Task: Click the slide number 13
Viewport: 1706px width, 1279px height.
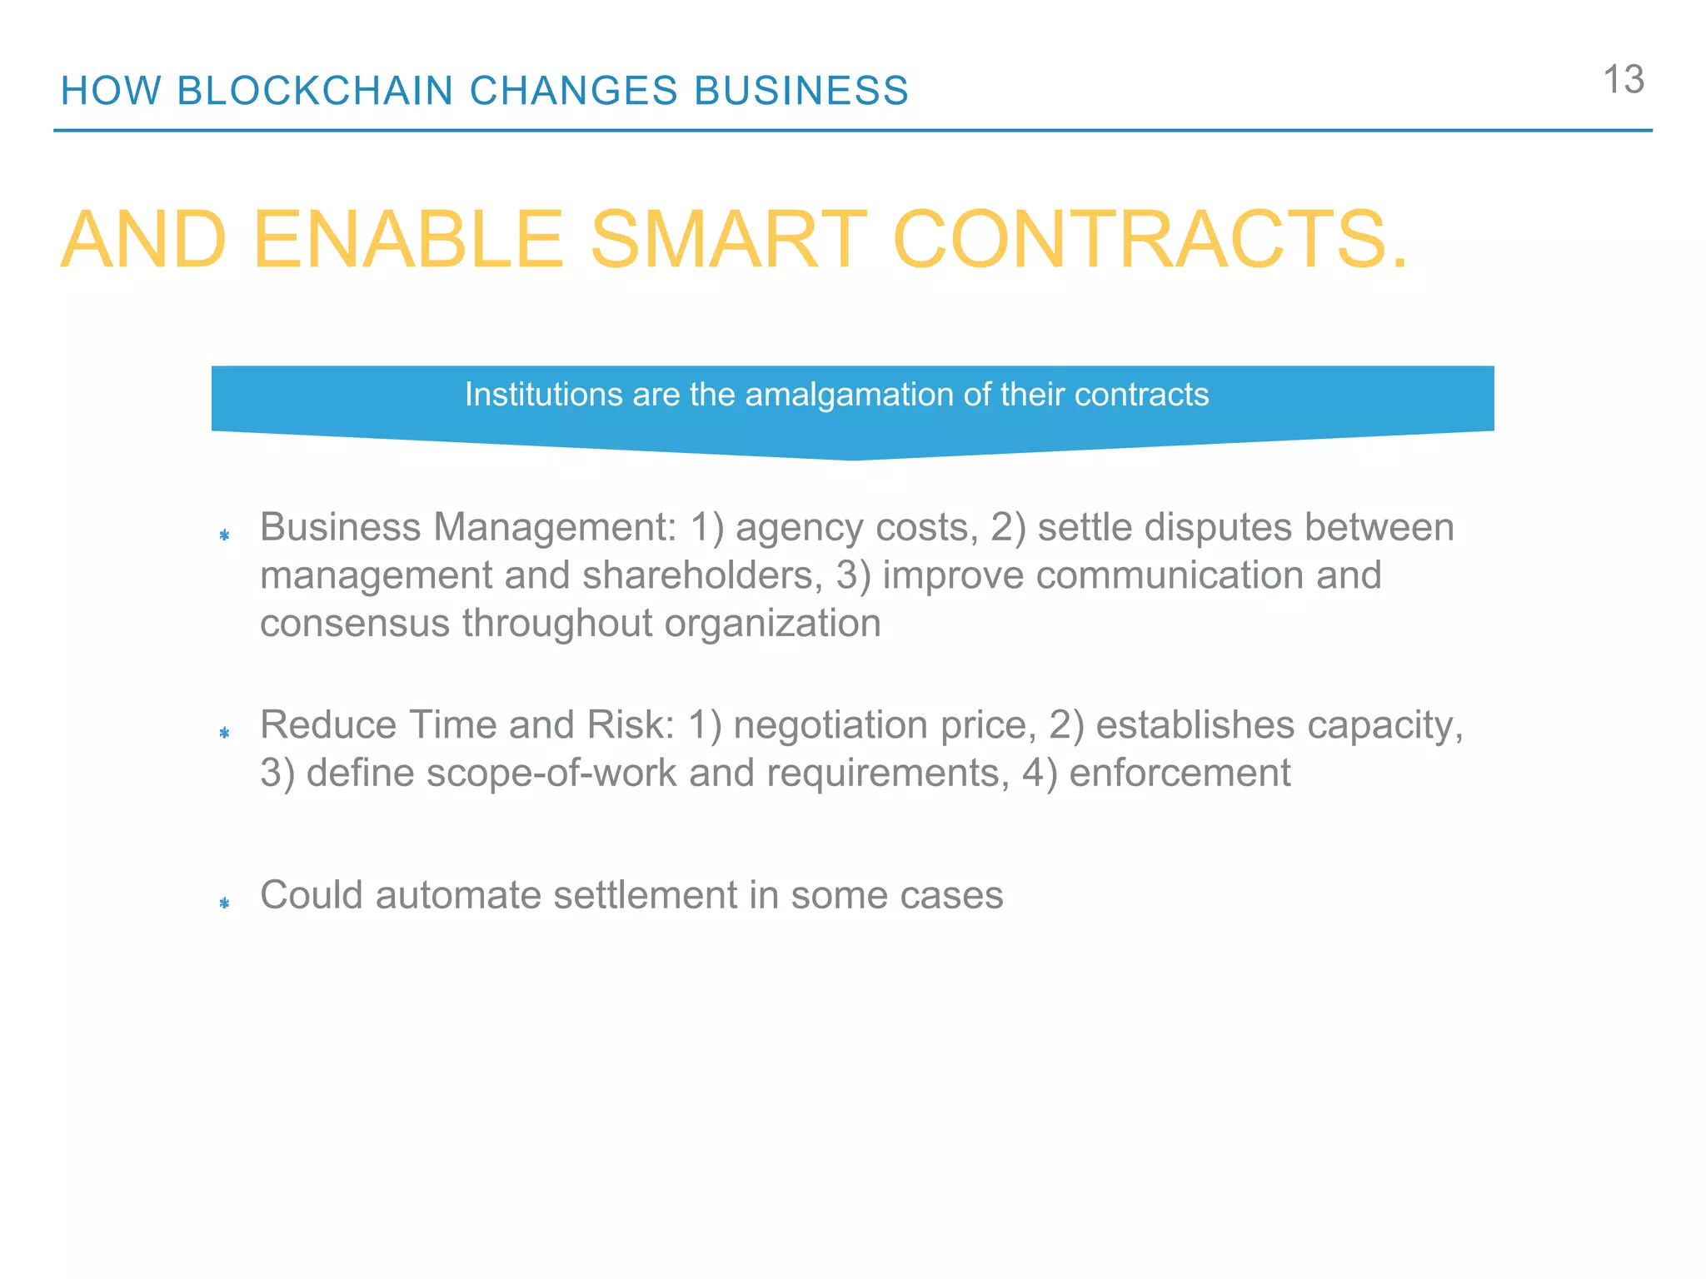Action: [1623, 81]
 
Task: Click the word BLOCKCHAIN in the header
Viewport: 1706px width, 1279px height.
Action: [315, 91]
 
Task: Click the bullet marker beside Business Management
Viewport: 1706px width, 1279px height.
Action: [224, 535]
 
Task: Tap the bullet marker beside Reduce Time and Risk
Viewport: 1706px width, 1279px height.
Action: [224, 733]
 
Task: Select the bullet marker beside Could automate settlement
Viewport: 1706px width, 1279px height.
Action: [224, 903]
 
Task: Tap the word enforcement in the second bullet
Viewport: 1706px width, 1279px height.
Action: [1180, 773]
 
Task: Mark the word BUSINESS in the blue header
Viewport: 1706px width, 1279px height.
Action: [801, 91]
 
